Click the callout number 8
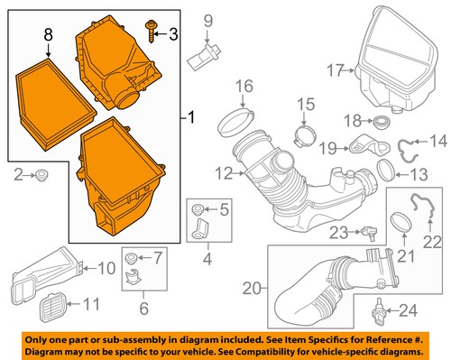(49, 36)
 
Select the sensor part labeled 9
(202, 59)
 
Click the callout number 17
(336, 69)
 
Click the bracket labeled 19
(366, 143)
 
